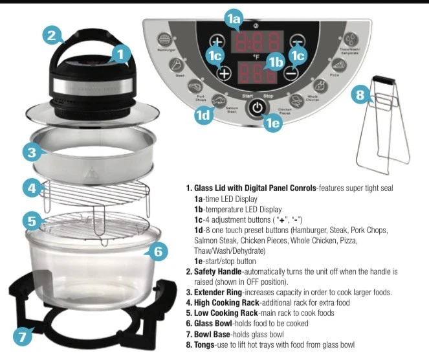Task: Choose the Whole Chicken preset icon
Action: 319,85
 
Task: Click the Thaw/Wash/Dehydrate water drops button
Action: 350,39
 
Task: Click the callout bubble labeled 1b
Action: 276,62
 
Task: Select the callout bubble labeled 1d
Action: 204,115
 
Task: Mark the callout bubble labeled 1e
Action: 274,122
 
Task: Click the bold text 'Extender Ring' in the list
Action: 219,292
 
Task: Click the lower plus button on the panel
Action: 224,73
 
